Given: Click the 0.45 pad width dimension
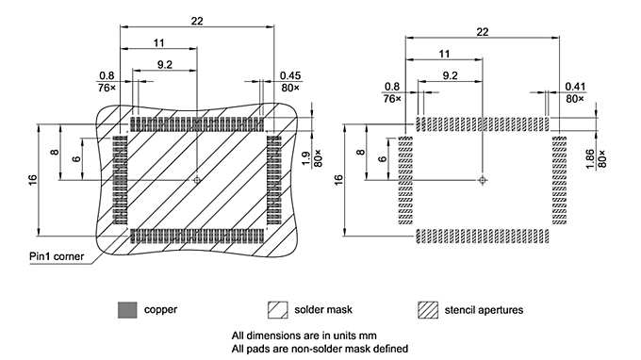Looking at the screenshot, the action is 290,75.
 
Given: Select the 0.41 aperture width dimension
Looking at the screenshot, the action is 575,87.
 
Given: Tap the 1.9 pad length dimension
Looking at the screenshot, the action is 305,158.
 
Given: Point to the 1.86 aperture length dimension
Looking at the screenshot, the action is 590,159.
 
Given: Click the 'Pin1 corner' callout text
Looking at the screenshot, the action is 57,256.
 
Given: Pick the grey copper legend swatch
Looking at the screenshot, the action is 127,310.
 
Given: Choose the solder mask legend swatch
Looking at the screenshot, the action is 277,310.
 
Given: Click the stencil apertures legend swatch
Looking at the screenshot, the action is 428,310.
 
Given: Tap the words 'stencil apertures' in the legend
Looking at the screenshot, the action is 484,310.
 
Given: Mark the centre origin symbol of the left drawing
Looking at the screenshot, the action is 197,180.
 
